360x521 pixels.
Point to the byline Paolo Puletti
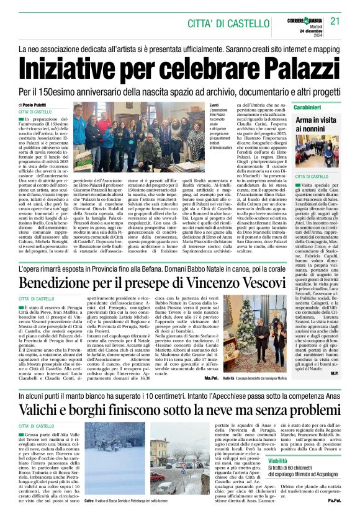pyautogui.click(x=38, y=105)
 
